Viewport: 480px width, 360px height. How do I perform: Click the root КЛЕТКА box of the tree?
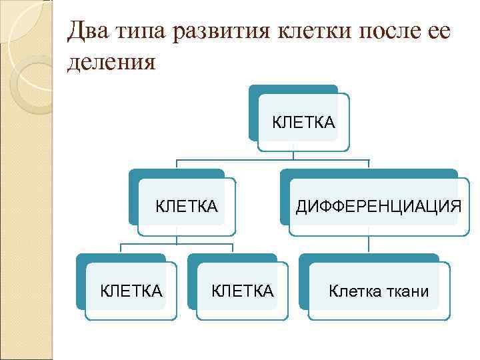(303, 122)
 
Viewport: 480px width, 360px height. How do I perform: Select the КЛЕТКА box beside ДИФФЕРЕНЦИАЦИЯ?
(187, 206)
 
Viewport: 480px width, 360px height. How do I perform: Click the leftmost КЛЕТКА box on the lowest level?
(131, 291)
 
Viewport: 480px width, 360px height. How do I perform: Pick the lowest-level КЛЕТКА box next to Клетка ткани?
(242, 291)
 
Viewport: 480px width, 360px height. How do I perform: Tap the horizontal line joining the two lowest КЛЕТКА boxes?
(176, 245)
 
